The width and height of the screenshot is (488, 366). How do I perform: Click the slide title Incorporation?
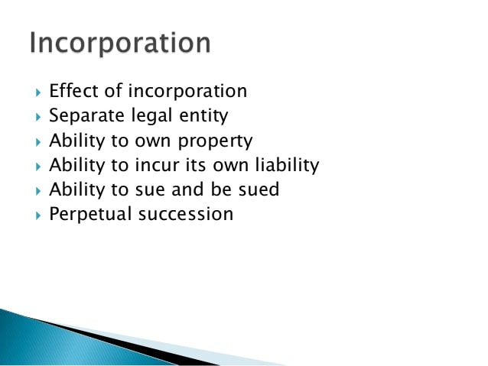click(x=120, y=43)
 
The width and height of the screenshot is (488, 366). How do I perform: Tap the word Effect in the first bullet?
click(x=73, y=91)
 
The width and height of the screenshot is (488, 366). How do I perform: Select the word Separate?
click(x=87, y=116)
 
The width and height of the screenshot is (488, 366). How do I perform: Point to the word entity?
click(x=204, y=116)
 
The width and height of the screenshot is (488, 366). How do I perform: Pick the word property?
click(x=215, y=141)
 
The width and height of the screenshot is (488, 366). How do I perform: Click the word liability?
click(x=288, y=166)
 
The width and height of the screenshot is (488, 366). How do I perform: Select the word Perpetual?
click(x=90, y=215)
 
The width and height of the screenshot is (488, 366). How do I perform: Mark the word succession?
click(x=186, y=214)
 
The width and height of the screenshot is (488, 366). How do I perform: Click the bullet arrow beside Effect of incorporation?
click(x=38, y=92)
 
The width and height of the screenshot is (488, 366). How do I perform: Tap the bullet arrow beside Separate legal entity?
click(x=38, y=117)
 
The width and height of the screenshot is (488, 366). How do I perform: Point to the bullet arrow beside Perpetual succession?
click(x=38, y=215)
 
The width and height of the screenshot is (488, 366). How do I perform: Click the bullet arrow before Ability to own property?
click(x=38, y=142)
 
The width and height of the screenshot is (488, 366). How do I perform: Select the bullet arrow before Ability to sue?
click(x=38, y=191)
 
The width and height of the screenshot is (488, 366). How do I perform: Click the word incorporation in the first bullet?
click(x=187, y=91)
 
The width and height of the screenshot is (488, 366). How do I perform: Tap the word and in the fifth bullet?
click(x=187, y=189)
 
